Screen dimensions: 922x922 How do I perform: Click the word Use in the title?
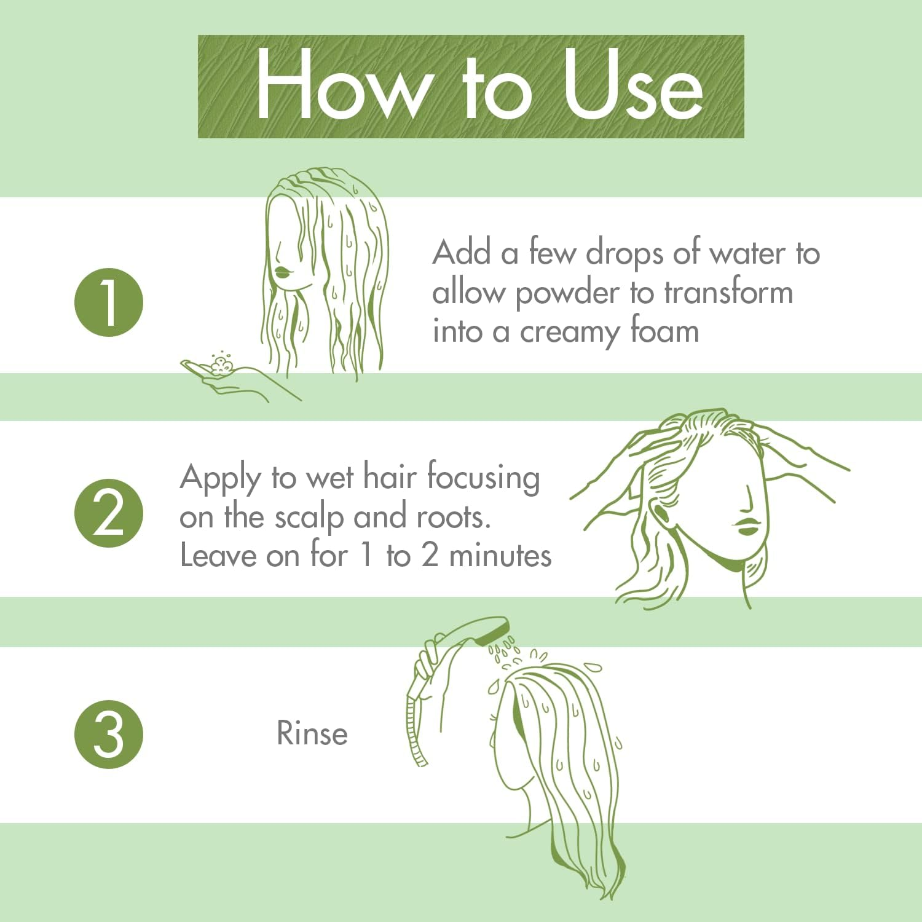pos(633,86)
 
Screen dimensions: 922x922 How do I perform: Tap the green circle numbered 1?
pos(109,302)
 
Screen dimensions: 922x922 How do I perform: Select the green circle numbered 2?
pos(109,513)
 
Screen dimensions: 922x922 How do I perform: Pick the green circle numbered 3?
pos(109,735)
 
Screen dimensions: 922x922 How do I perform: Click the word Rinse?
pos(312,733)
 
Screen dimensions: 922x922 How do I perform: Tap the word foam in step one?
pos(664,331)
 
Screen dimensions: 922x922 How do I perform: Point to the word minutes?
pos(500,556)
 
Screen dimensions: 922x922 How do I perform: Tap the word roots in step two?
pos(453,518)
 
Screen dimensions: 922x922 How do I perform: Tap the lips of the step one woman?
pos(283,272)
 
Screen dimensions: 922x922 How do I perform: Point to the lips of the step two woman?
pos(748,526)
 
